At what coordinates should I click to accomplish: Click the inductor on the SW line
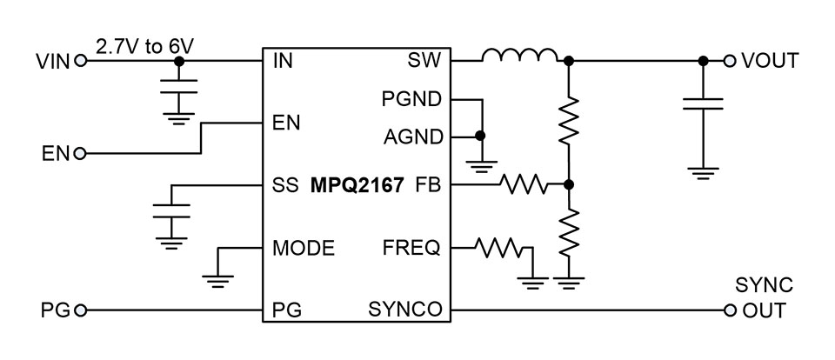520,57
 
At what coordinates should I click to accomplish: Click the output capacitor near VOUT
703,104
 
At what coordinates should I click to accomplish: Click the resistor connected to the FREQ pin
500,249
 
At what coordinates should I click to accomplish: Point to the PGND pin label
411,99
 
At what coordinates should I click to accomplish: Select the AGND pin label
411,137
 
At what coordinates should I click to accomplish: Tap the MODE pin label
304,248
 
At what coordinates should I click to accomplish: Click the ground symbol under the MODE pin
217,278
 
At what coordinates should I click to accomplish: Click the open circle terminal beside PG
81,310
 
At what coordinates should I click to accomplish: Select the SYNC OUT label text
762,298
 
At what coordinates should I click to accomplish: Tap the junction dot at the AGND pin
480,137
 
